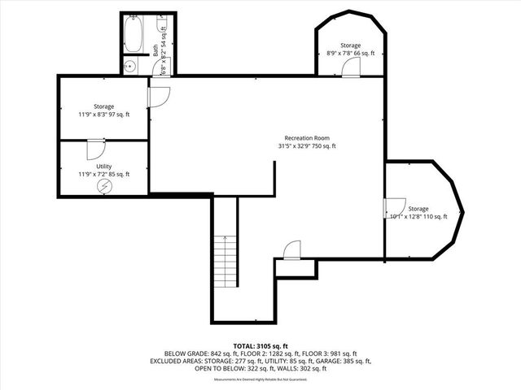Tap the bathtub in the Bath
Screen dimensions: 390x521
[x=134, y=35]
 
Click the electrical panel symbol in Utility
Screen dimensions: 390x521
[x=104, y=186]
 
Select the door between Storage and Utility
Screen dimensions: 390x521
[x=94, y=148]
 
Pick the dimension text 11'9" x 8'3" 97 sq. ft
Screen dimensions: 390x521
[x=103, y=115]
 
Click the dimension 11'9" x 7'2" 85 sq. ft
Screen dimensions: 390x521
[x=103, y=174]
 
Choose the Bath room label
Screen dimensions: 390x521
[x=155, y=49]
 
